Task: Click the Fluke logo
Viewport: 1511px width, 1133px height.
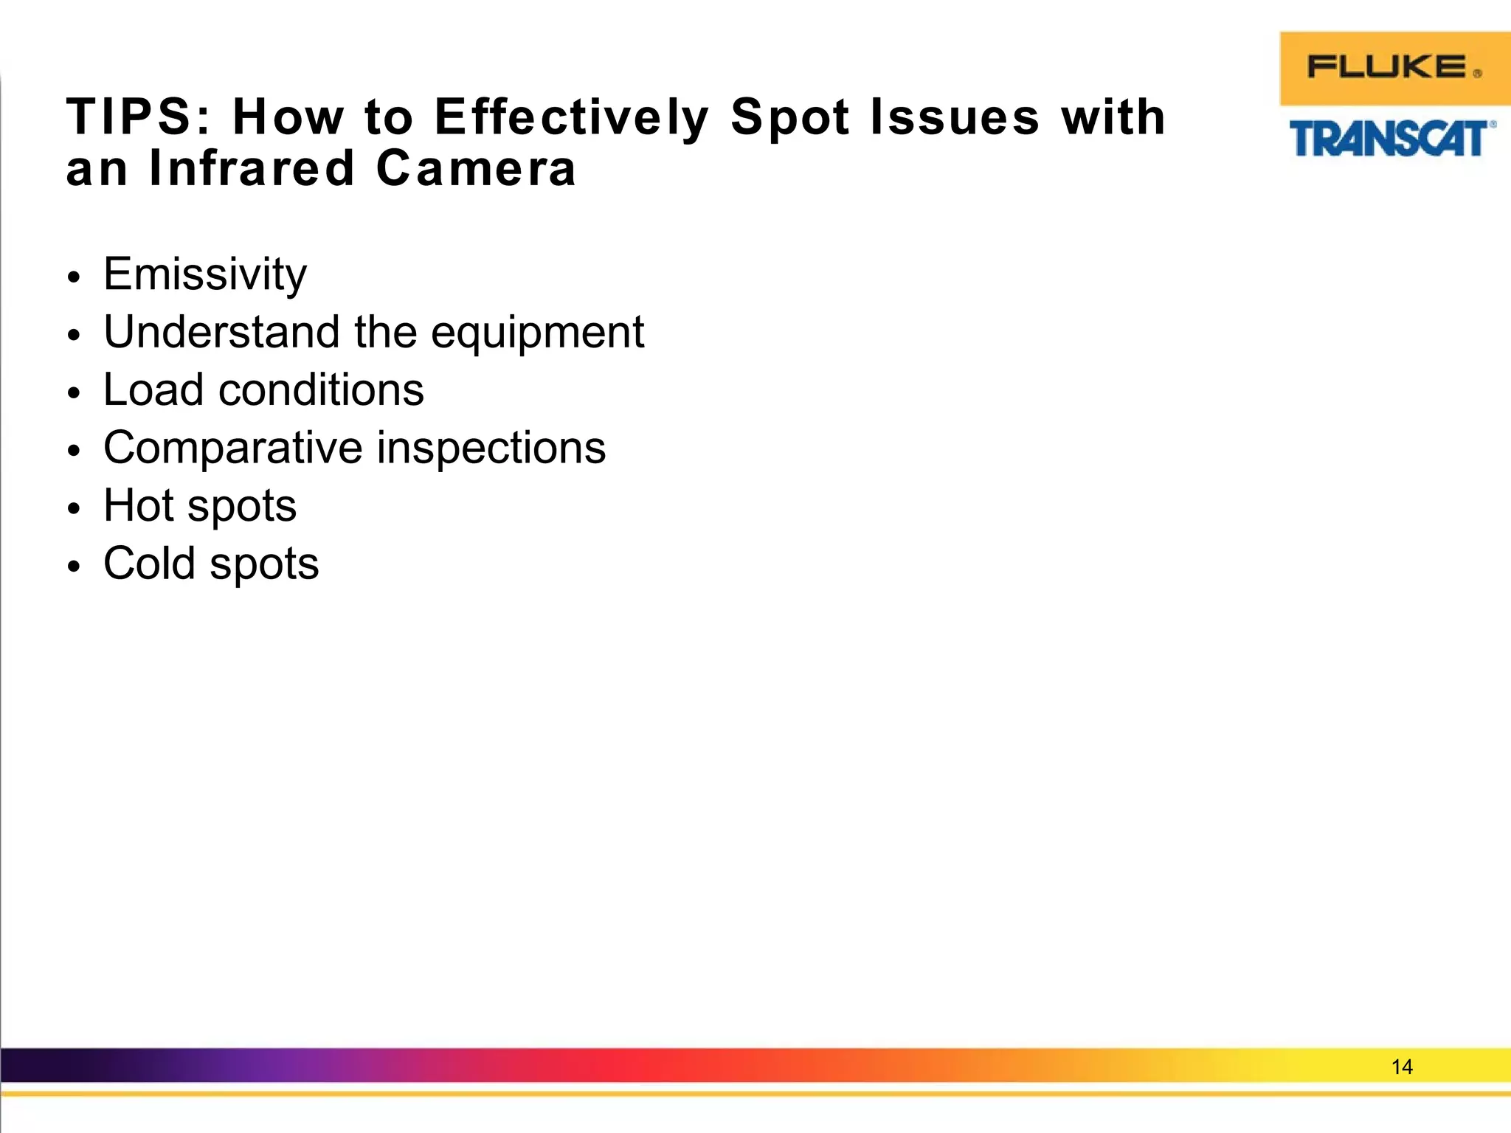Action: pos(1394,68)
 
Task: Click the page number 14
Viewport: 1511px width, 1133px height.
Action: pos(1401,1067)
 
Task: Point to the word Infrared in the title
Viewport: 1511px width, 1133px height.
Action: pos(252,168)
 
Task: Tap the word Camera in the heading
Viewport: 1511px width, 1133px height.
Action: pos(476,168)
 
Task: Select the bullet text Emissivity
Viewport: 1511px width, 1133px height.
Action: pos(205,274)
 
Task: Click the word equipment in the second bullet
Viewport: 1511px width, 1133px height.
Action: pos(537,333)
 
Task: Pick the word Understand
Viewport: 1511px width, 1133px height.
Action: pos(222,332)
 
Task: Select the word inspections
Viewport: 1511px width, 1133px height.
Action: pos(491,448)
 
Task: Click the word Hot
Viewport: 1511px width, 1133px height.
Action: pos(138,505)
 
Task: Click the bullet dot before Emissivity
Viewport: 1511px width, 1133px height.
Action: pos(72,278)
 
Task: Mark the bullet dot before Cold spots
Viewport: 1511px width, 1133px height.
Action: pos(72,567)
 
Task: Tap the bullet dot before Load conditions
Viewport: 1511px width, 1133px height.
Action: pos(72,393)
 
